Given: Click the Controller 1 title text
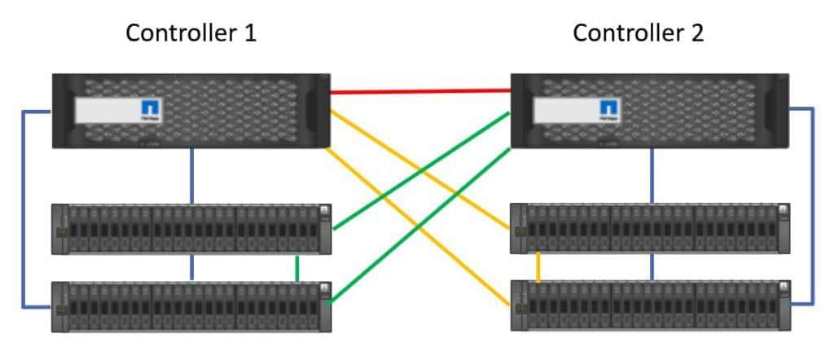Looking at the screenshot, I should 191,33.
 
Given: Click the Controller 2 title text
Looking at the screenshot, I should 639,33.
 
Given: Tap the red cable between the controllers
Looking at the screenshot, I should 420,91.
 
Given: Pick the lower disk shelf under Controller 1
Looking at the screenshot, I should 191,306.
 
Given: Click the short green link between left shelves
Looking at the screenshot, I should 298,268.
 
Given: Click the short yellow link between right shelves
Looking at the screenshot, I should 538,266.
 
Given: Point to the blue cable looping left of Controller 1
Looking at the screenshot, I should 23,212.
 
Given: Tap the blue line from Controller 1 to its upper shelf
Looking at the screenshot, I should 191,175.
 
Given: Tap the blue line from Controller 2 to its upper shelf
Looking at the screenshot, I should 652,175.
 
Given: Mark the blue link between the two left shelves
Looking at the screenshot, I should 191,267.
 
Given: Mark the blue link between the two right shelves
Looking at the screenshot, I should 652,266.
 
